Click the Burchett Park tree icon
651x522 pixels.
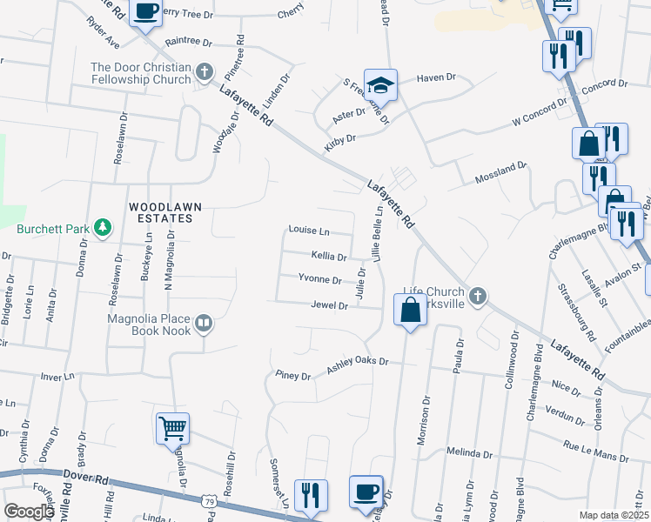[x=103, y=228]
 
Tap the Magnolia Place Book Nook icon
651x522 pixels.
[x=204, y=324]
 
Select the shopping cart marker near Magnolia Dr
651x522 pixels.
[x=172, y=428]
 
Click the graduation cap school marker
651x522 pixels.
[x=380, y=84]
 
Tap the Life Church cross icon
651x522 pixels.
[x=477, y=297]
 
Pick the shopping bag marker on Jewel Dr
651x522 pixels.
[x=410, y=309]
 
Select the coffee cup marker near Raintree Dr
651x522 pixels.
[x=144, y=11]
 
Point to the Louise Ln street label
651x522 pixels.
[x=309, y=231]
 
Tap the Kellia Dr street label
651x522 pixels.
[x=329, y=257]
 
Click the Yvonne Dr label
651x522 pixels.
[x=319, y=279]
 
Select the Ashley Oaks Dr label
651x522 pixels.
[x=357, y=365]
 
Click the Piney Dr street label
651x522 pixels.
[x=292, y=377]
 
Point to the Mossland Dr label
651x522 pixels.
[x=500, y=172]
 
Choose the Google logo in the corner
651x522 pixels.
[x=29, y=512]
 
